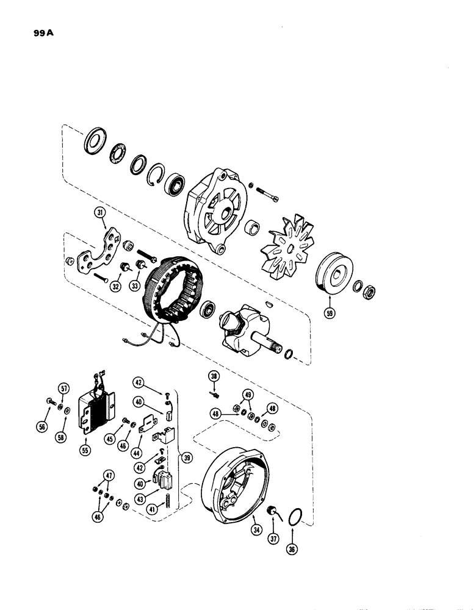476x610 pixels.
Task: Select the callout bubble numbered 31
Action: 100,213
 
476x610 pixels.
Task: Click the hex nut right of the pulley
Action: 369,290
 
